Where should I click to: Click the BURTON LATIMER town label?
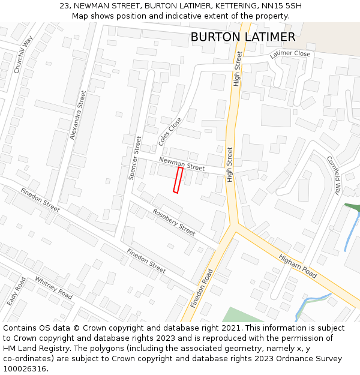point(242,37)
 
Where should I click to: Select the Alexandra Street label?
point(79,115)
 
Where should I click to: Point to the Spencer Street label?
point(135,157)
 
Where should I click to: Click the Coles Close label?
point(170,131)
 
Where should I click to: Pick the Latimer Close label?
point(290,54)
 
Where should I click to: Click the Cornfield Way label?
point(333,175)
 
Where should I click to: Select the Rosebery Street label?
point(174,222)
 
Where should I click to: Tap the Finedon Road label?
point(202,288)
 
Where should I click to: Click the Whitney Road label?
point(53,288)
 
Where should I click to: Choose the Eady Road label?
point(16,292)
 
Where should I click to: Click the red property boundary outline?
point(178,180)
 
